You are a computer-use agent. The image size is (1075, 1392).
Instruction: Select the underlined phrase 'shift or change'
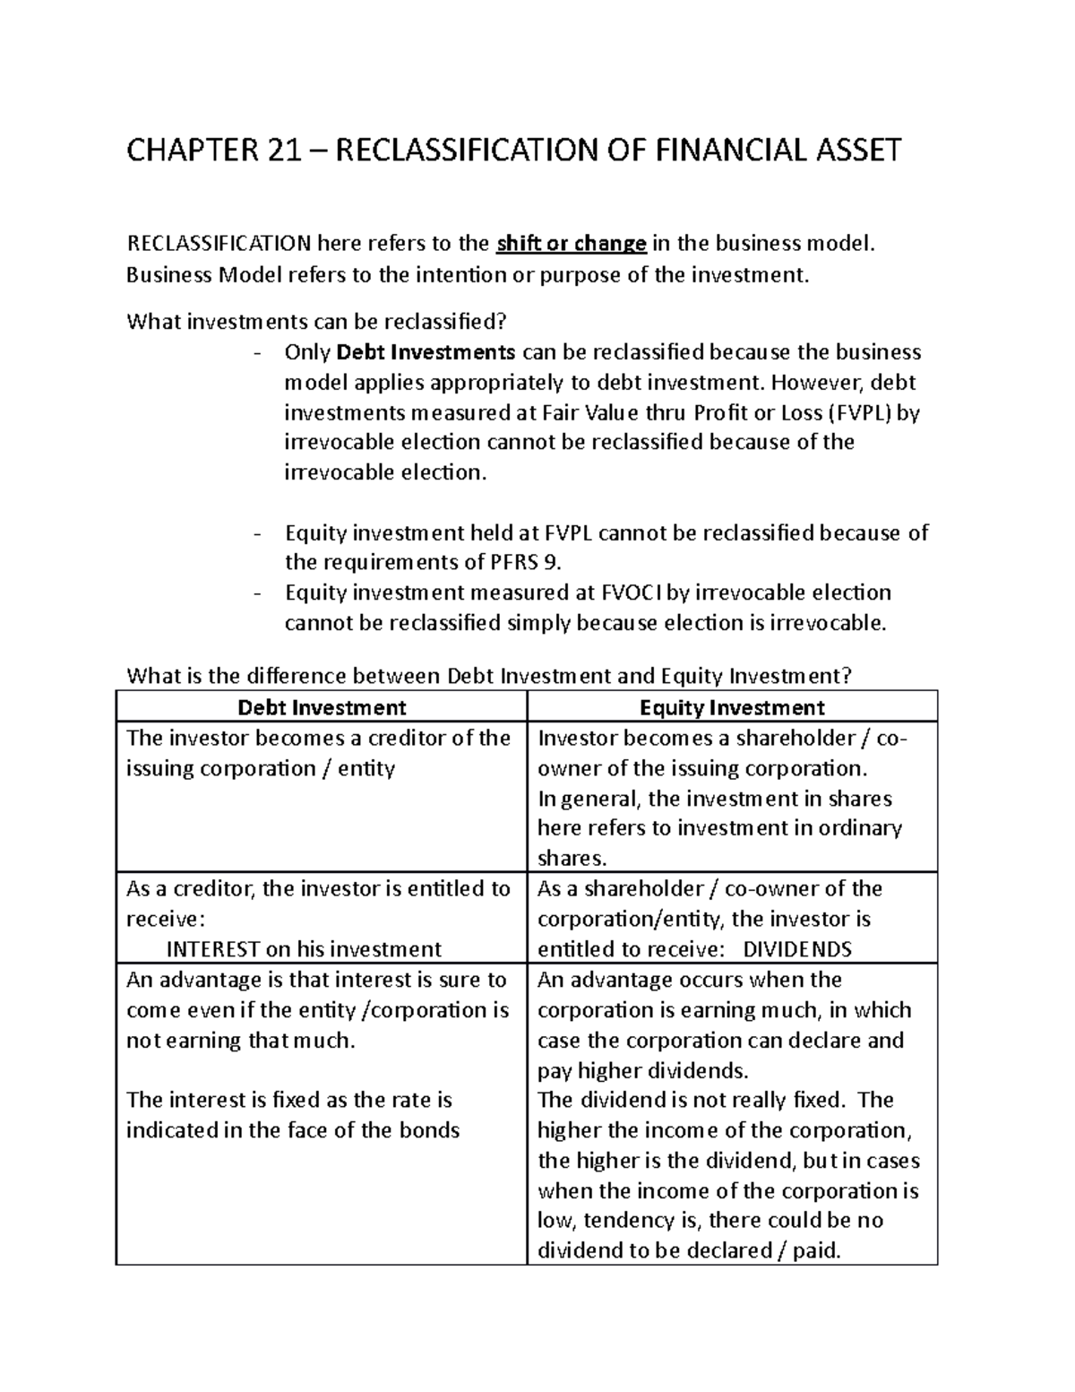point(572,244)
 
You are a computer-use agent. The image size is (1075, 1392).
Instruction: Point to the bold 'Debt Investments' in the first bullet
point(426,352)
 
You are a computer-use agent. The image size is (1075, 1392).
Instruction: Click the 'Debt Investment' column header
point(322,708)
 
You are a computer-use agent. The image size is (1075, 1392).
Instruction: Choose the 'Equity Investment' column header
point(732,708)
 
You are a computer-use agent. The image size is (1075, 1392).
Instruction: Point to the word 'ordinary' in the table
point(860,828)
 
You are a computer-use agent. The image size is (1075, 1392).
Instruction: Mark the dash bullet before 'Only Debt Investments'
point(259,353)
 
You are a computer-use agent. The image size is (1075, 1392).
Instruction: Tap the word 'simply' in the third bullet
point(536,623)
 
